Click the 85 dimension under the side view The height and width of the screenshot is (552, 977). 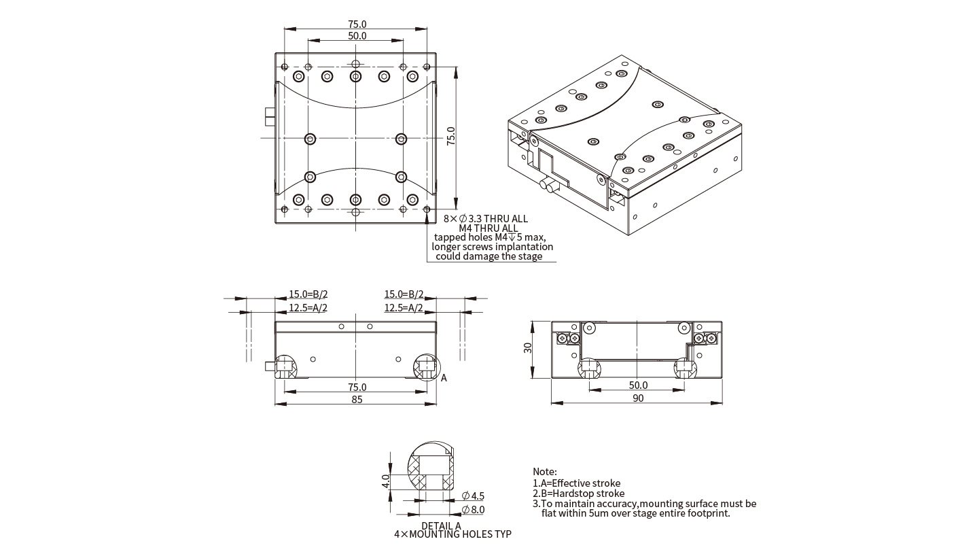(356, 399)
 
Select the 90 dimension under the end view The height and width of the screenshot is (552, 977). (638, 398)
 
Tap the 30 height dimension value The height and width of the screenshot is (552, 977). (528, 348)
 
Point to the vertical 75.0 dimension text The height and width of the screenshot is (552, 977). (451, 136)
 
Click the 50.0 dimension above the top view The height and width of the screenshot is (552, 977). (357, 36)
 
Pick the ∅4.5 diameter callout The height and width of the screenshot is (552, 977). (474, 496)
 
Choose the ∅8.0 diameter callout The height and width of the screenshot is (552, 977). (474, 509)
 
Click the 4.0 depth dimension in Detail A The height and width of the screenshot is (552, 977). (385, 481)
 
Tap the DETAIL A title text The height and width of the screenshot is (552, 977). (441, 525)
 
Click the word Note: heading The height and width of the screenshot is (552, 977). (545, 472)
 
